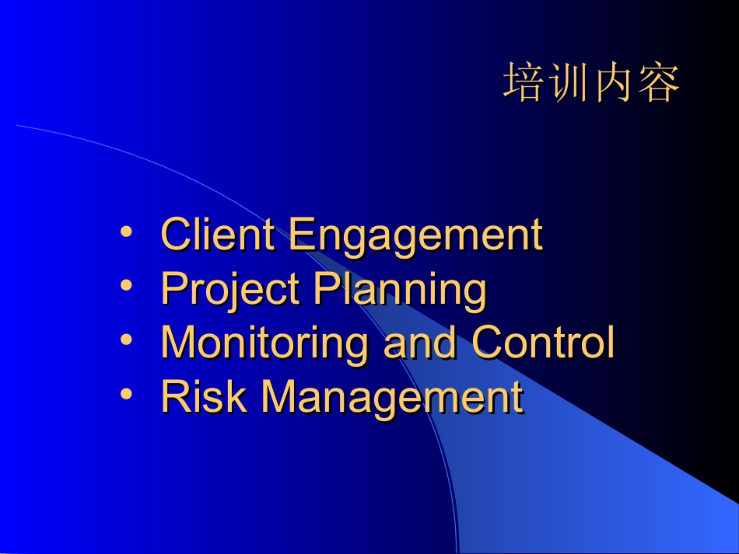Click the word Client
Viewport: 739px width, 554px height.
(x=218, y=234)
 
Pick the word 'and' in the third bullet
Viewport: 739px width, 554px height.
(x=420, y=342)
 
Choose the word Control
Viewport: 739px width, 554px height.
(x=543, y=342)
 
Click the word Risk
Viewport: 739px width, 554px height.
(x=204, y=396)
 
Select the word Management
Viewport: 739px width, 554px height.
(x=392, y=399)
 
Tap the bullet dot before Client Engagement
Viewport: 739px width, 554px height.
(x=126, y=232)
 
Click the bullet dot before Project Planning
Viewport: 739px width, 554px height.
(x=126, y=285)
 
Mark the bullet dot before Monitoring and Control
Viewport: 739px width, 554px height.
(x=126, y=340)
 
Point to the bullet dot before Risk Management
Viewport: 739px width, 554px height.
(x=126, y=393)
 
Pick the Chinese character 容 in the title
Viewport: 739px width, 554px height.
(x=658, y=82)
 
